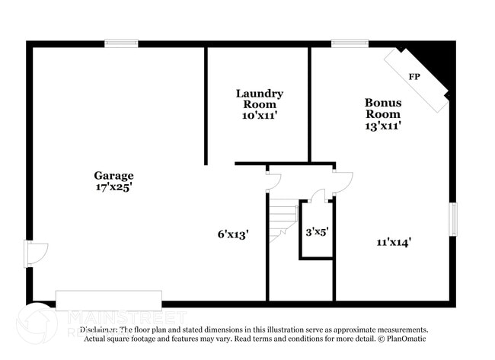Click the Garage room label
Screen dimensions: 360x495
pyautogui.click(x=113, y=175)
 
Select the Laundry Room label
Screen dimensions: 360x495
pyautogui.click(x=259, y=98)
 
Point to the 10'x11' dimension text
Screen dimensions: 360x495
pyautogui.click(x=259, y=116)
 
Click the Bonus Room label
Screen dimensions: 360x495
pyautogui.click(x=383, y=108)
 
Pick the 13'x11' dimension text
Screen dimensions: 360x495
pyautogui.click(x=383, y=126)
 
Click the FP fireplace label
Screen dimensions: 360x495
pyautogui.click(x=414, y=77)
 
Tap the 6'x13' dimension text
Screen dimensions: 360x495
pyautogui.click(x=233, y=234)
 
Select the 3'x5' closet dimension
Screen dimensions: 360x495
pyautogui.click(x=317, y=231)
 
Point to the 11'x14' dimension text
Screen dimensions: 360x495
pyautogui.click(x=394, y=242)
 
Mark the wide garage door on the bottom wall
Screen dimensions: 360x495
pyautogui.click(x=109, y=300)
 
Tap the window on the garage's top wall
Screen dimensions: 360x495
pyautogui.click(x=121, y=43)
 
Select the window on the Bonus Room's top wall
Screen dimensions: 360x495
pyautogui.click(x=350, y=43)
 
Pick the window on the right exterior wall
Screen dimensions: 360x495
pyautogui.click(x=453, y=218)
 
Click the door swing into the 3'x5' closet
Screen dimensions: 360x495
pyautogui.click(x=318, y=196)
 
